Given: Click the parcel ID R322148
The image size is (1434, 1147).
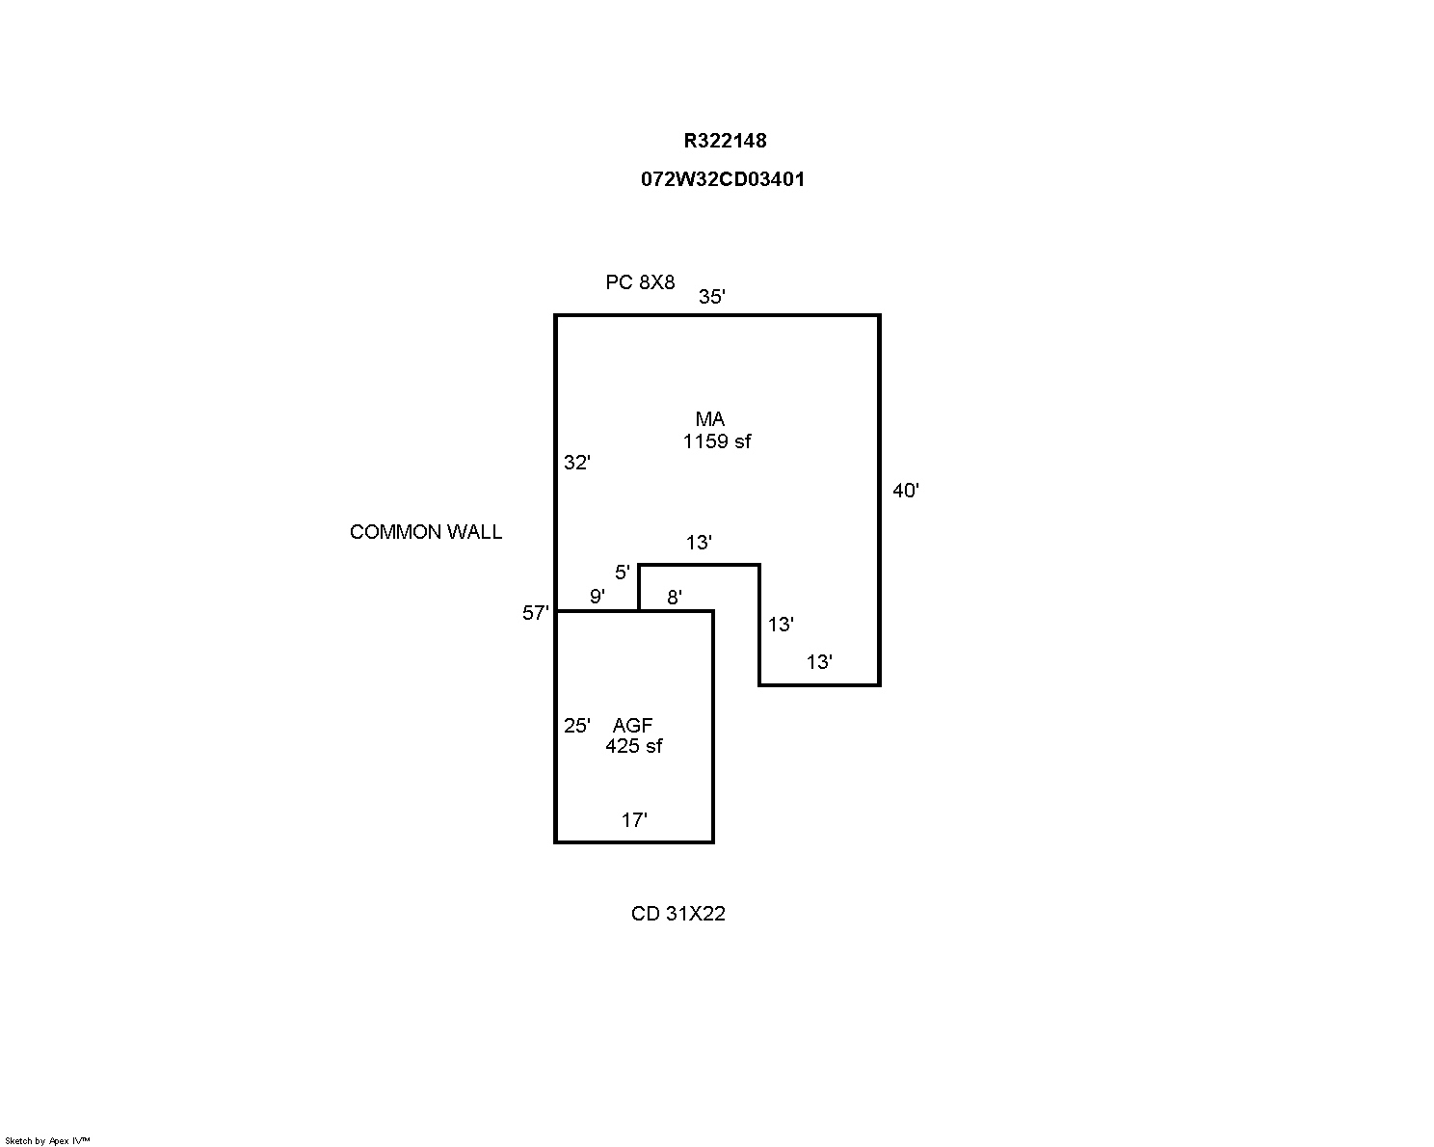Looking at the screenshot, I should click(725, 141).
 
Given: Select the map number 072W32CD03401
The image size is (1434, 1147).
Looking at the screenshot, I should click(723, 179).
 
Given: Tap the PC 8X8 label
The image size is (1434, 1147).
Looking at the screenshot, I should click(640, 282).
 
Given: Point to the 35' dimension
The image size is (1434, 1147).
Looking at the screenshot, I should click(711, 297).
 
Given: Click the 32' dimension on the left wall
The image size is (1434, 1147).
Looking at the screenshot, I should click(576, 463).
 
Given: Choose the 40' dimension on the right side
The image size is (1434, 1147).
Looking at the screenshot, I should click(905, 491).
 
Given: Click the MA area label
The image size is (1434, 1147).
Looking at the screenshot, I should click(710, 419).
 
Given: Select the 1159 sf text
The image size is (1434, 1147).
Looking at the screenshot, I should click(716, 441).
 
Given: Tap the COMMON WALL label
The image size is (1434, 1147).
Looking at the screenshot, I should click(426, 532).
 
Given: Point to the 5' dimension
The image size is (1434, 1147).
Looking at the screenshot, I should click(622, 573).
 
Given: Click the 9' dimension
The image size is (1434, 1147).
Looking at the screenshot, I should click(597, 597).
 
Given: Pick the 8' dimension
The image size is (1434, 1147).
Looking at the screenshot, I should click(675, 598).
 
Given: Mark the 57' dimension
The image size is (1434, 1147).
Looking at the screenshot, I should click(535, 613).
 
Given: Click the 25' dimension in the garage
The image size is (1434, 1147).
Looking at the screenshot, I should click(576, 726).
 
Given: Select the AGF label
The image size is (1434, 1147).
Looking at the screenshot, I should click(632, 726).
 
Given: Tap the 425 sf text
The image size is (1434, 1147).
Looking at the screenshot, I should click(633, 746).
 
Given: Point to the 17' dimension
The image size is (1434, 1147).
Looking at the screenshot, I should click(633, 820).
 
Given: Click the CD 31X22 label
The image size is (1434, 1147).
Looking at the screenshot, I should click(677, 914).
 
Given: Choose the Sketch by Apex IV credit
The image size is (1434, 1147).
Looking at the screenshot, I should click(47, 1140).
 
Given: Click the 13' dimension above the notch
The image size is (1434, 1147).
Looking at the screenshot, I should click(699, 543).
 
